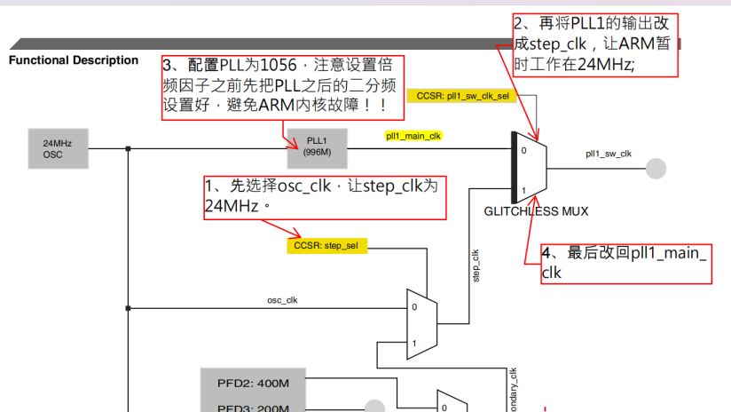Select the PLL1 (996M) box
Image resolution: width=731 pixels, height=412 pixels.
pyautogui.click(x=317, y=147)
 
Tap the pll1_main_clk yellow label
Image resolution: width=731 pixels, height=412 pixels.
pyautogui.click(x=413, y=136)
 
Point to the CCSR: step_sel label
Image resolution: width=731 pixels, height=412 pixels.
pyautogui.click(x=326, y=245)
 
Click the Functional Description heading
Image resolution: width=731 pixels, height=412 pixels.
pyautogui.click(x=74, y=60)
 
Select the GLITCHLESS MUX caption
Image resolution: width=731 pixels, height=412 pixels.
pyautogui.click(x=536, y=211)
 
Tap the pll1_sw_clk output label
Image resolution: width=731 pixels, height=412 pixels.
pyautogui.click(x=608, y=154)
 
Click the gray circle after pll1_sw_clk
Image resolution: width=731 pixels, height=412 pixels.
pyautogui.click(x=655, y=167)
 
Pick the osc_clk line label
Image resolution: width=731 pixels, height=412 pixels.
pyautogui.click(x=282, y=300)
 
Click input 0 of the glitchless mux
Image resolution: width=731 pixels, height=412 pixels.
pyautogui.click(x=523, y=150)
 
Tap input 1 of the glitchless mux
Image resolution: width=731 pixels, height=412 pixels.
pyautogui.click(x=523, y=190)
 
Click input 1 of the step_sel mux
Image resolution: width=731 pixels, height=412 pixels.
pyautogui.click(x=413, y=343)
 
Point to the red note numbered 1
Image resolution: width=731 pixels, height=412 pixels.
pyautogui.click(x=324, y=196)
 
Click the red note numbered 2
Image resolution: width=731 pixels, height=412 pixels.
pyautogui.click(x=595, y=44)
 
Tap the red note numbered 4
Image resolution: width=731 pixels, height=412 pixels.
pyautogui.click(x=626, y=263)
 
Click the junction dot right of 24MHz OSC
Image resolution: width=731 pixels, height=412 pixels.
pyautogui.click(x=129, y=148)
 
